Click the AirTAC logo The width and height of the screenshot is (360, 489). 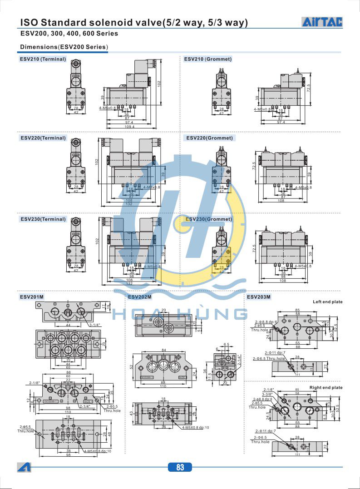coord(322,22)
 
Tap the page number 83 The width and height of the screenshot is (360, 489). coord(180,467)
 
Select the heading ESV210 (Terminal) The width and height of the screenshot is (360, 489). coord(43,59)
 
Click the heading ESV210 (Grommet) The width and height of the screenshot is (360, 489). coord(207,59)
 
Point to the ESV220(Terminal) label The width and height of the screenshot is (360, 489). coord(43,138)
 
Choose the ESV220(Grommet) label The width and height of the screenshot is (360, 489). coord(209,138)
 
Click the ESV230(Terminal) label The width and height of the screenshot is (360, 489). coord(43,219)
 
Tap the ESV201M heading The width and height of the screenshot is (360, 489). coord(32,297)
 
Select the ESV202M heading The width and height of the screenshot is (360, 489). coord(139,297)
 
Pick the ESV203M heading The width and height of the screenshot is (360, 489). coord(258,297)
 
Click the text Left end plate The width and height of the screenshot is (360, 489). coord(327,302)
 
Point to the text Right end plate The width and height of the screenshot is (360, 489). coord(326,388)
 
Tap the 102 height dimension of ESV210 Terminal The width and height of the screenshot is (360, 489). coord(160,84)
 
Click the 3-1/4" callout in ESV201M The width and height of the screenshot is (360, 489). coord(95,325)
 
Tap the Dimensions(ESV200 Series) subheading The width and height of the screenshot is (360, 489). coord(64,47)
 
